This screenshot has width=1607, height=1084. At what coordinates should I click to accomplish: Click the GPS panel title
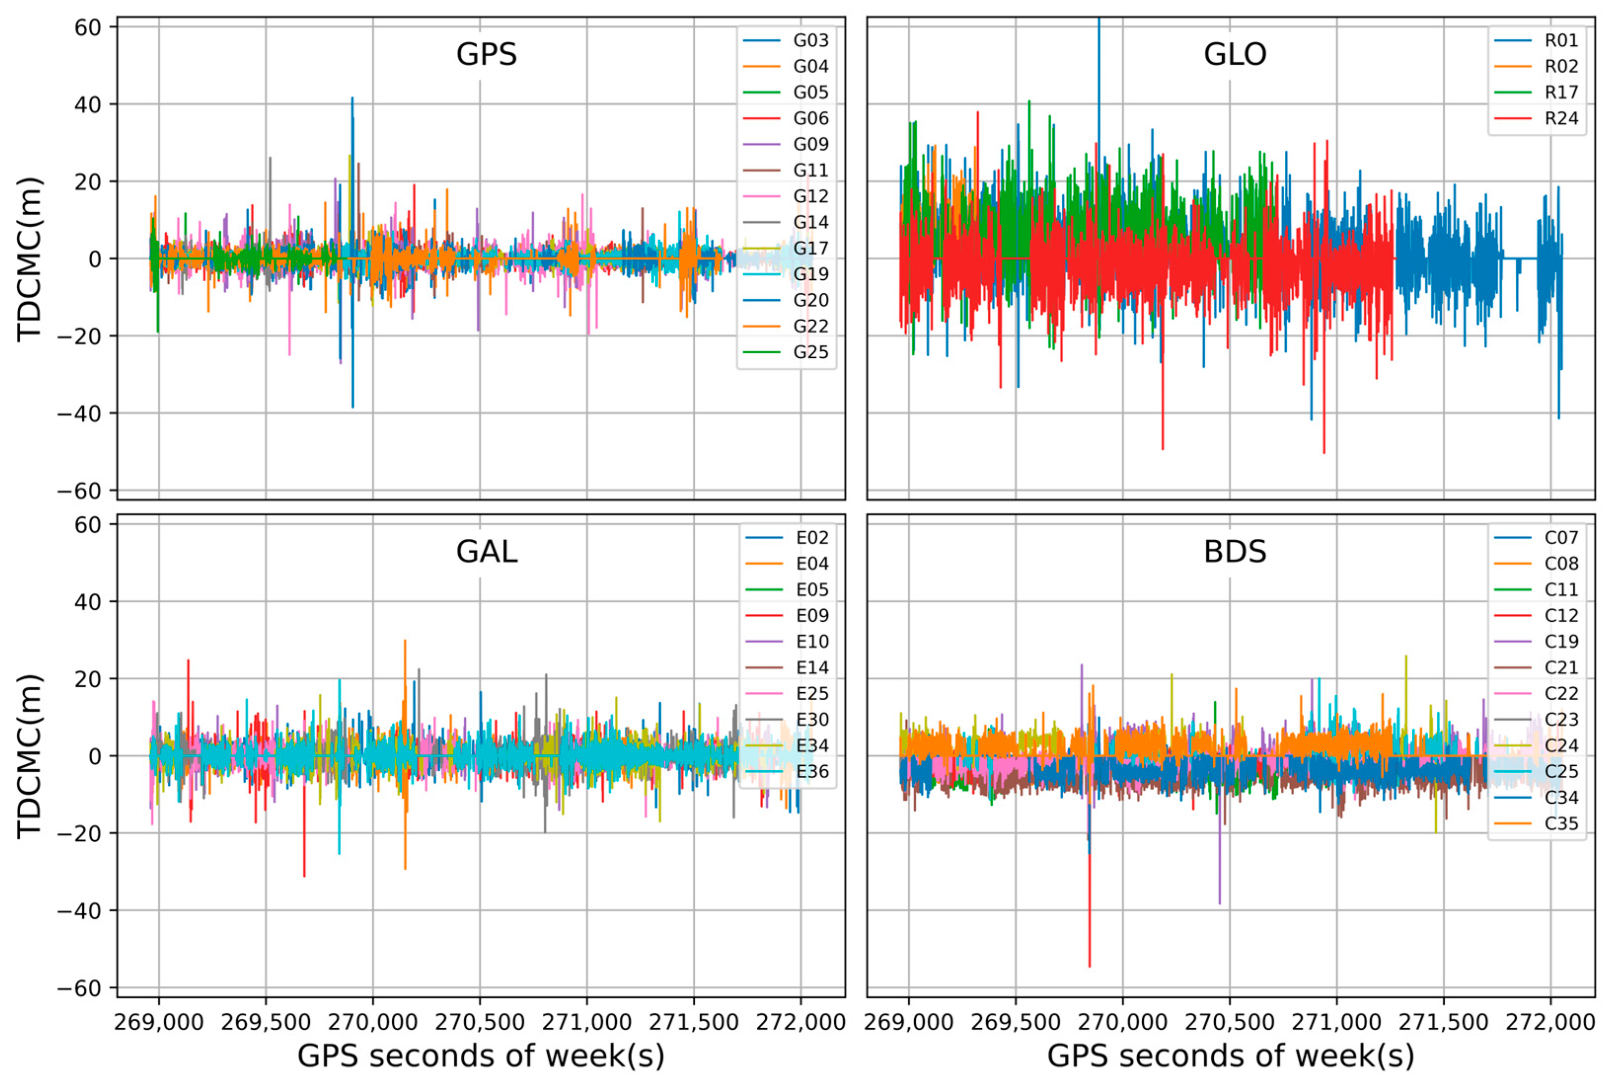click(x=486, y=54)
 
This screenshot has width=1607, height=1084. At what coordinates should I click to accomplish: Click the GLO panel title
click(x=1234, y=54)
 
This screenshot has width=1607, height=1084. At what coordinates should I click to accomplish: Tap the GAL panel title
click(x=486, y=552)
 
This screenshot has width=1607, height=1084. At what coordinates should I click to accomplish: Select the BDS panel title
click(x=1234, y=552)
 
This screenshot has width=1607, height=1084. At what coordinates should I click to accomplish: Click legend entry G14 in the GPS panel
click(x=810, y=222)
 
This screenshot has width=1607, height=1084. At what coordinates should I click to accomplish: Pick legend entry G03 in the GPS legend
click(x=810, y=40)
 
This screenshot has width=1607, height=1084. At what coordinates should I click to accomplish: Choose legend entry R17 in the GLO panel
click(x=1561, y=92)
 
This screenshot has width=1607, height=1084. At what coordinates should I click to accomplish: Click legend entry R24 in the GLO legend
click(x=1561, y=118)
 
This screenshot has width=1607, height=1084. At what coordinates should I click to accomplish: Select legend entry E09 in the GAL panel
click(x=812, y=615)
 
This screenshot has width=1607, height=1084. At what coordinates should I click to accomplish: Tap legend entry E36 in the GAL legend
click(x=812, y=772)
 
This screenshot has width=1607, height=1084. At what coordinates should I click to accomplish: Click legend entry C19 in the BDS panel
click(x=1561, y=641)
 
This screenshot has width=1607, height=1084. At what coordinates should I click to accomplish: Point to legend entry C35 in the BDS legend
click(x=1561, y=823)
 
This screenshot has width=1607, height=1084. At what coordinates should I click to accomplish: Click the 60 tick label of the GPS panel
click(x=88, y=27)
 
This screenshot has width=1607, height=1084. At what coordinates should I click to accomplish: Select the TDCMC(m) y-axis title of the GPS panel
click(x=30, y=259)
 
